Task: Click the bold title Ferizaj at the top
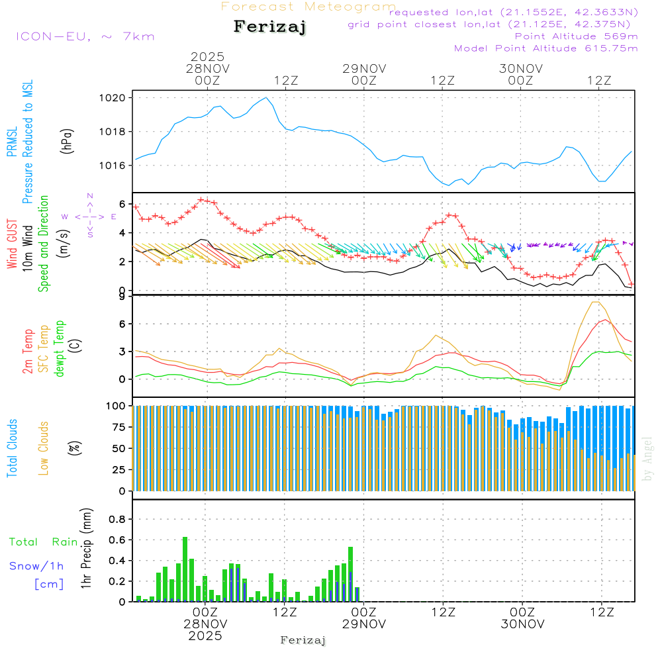[271, 27]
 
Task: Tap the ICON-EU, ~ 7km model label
[85, 36]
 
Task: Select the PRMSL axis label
[12, 142]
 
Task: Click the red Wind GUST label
[12, 245]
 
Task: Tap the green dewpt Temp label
[59, 349]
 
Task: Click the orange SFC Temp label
[44, 349]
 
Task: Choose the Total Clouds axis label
[12, 448]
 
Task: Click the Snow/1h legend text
[36, 566]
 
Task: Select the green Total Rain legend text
[43, 542]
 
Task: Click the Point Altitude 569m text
[576, 36]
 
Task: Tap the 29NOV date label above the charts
[364, 68]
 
